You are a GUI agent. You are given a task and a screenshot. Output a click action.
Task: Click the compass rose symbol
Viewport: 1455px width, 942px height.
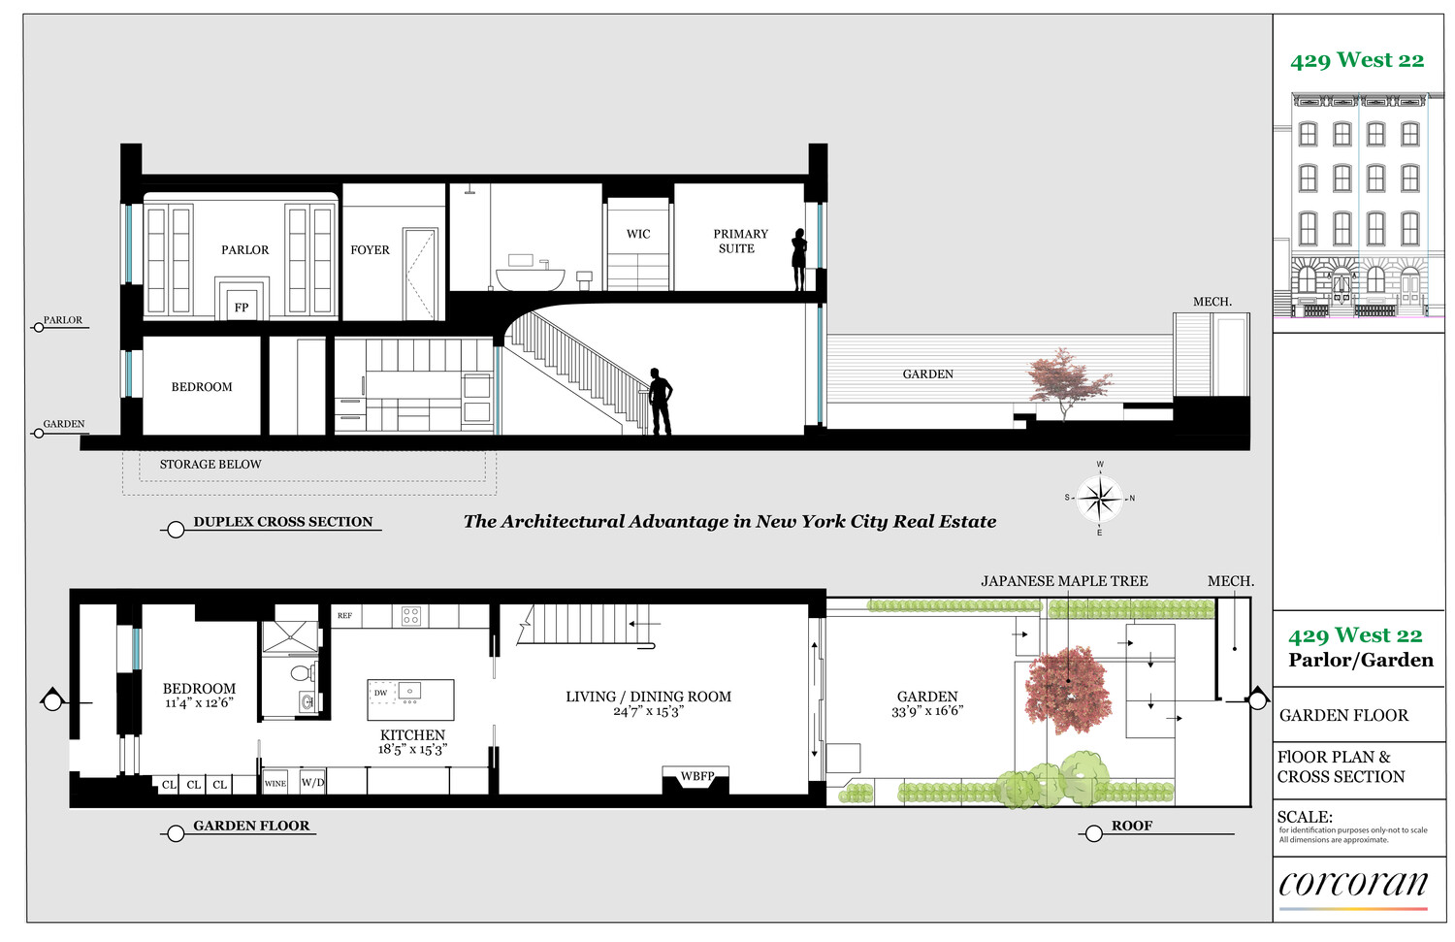click(1100, 499)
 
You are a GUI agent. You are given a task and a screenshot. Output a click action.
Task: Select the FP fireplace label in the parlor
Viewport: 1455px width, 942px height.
click(242, 308)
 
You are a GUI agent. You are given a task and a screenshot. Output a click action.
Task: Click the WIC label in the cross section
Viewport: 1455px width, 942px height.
click(638, 234)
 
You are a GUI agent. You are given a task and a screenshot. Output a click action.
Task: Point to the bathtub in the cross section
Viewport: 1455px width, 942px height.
click(530, 279)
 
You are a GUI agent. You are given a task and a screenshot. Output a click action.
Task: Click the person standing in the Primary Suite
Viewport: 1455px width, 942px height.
click(799, 259)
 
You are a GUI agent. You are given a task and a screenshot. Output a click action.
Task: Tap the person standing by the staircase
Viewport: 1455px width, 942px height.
click(660, 402)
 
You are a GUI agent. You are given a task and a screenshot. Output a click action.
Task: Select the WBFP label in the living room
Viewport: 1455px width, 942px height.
click(697, 776)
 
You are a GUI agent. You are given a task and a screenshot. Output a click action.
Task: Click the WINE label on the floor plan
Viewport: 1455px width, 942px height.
click(275, 784)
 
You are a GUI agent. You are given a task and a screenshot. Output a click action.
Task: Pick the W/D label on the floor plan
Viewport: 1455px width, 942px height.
click(312, 782)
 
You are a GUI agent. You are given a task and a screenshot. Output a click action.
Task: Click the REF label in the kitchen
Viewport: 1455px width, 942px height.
click(345, 615)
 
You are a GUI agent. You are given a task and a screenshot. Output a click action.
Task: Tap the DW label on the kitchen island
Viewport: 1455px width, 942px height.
click(380, 693)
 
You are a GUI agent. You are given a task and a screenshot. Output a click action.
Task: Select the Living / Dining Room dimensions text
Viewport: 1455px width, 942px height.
click(648, 711)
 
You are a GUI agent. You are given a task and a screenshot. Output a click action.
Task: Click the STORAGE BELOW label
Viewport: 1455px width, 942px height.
click(210, 465)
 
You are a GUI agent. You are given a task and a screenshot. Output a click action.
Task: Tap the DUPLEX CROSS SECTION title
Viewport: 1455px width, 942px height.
click(283, 522)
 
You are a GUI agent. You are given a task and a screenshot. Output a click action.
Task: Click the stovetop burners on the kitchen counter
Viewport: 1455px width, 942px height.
click(410, 616)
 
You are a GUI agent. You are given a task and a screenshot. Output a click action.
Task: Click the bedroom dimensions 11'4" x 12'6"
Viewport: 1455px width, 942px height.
click(199, 702)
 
